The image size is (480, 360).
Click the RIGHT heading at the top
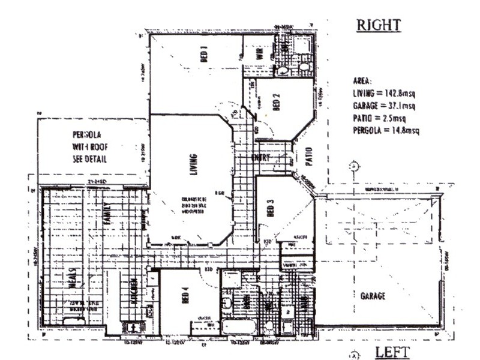[x=378, y=26]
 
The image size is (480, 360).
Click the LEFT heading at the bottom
[x=393, y=351]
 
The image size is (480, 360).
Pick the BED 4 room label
[x=185, y=297]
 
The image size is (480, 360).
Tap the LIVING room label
[x=193, y=166]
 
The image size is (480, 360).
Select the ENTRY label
[x=262, y=158]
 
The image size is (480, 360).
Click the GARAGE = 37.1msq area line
[x=384, y=106]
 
